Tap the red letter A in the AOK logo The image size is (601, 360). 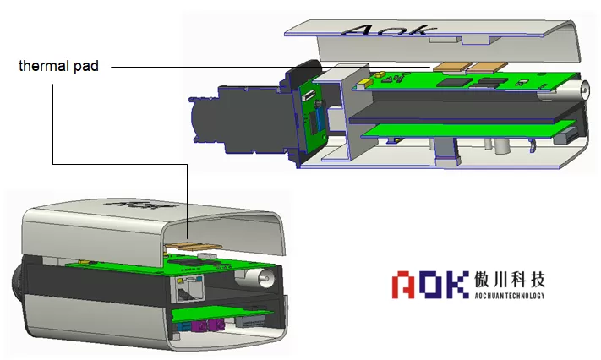click(403, 285)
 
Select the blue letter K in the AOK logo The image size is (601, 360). click(458, 285)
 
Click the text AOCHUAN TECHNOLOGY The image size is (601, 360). click(510, 295)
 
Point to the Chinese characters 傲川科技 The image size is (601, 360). click(510, 280)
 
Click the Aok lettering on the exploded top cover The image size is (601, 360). click(389, 30)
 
